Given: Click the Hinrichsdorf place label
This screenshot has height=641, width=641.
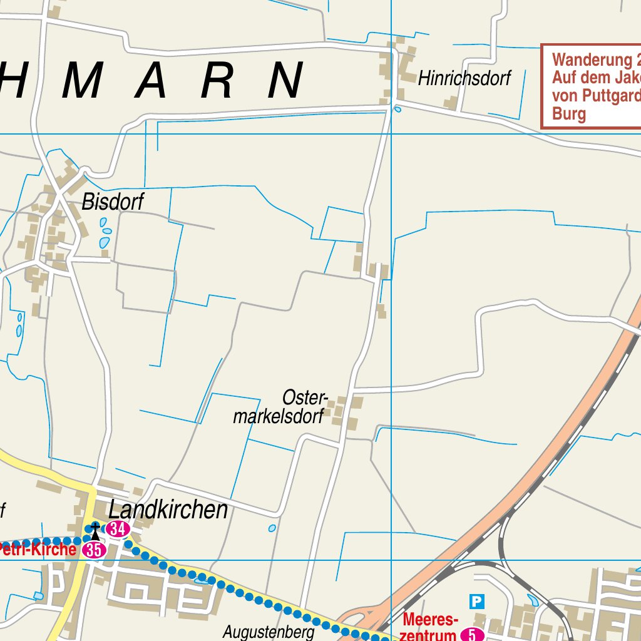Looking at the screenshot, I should tap(464, 79).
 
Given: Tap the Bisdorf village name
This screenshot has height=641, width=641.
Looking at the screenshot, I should tap(113, 202).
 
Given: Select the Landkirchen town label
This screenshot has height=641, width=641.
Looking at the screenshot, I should tap(168, 510).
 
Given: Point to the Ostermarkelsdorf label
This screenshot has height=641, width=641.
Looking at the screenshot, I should tap(279, 408).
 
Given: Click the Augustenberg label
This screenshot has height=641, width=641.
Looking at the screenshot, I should tap(269, 632).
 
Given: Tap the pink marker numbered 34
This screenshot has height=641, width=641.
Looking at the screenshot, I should tap(117, 529).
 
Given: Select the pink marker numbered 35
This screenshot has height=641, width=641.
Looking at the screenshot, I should tap(94, 550).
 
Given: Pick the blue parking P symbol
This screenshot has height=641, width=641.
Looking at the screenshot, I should tap(477, 602).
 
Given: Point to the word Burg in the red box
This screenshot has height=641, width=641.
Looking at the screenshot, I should tap(569, 114).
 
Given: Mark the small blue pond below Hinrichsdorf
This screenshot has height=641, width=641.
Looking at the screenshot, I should tap(397, 110).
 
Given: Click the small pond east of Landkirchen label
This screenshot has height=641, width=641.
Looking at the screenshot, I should tap(272, 528).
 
